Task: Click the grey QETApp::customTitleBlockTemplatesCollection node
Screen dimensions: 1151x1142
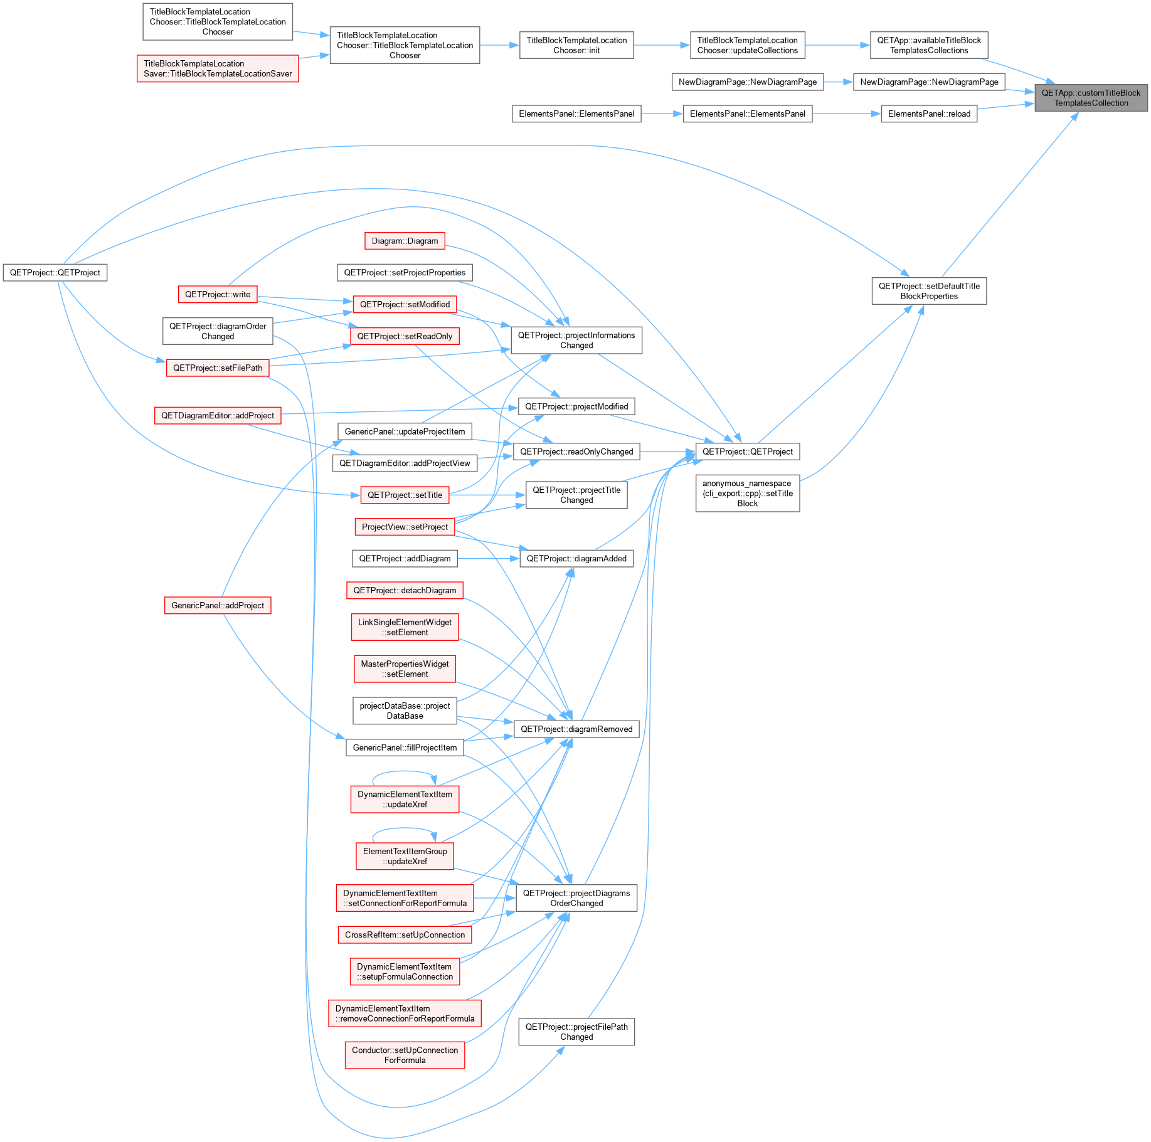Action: tap(1091, 98)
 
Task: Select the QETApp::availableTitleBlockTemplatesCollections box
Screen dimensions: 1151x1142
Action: tap(929, 45)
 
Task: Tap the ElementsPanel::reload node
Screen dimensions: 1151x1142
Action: tap(929, 114)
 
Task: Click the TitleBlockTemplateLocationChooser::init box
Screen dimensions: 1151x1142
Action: tap(576, 45)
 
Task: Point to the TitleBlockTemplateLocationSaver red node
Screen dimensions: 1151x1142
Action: tap(218, 68)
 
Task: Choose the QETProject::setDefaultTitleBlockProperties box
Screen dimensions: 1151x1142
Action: tap(929, 291)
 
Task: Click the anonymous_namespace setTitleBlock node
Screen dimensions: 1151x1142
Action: tap(748, 493)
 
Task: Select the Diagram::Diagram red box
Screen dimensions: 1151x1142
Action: tap(405, 241)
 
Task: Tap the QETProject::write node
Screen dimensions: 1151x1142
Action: tap(218, 294)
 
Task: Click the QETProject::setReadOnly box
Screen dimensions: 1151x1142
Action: tap(405, 336)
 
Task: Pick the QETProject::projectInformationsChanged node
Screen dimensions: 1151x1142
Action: tap(576, 340)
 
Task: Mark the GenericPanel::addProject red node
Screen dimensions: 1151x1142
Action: tap(218, 605)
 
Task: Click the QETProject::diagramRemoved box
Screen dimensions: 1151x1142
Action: tap(576, 729)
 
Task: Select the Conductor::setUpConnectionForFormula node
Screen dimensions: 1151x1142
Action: tap(405, 1055)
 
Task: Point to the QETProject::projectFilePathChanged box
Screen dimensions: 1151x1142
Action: tap(576, 1032)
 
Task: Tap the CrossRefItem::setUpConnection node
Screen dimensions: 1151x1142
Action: tap(405, 934)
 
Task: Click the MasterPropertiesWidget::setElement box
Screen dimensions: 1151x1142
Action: tap(405, 669)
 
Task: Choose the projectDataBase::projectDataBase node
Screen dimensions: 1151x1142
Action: tap(405, 711)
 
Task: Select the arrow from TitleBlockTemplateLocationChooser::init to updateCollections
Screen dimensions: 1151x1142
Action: tap(662, 45)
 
